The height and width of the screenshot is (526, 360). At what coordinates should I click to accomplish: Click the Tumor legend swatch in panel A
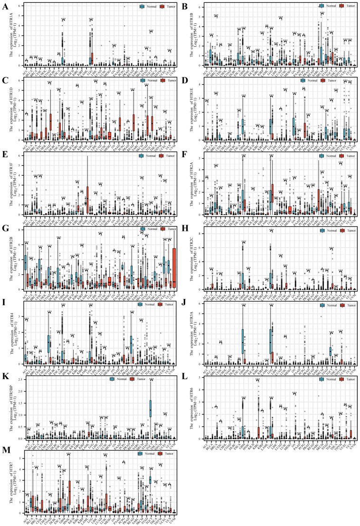(160, 7)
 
